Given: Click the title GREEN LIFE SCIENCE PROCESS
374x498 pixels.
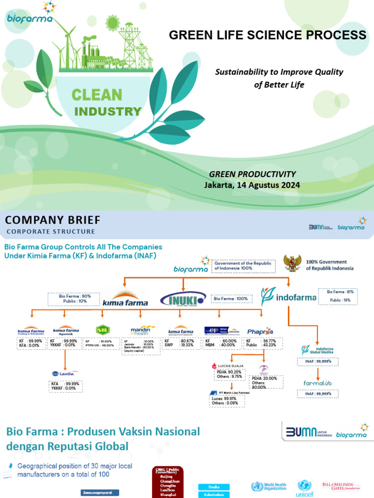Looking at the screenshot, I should click(x=267, y=35).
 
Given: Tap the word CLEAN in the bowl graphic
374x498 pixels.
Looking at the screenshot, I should click(x=97, y=94).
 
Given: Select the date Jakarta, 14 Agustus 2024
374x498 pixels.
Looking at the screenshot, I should click(x=252, y=185).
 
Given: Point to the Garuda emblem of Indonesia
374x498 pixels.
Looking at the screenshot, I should click(x=293, y=263).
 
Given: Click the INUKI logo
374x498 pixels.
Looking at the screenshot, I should click(x=183, y=297).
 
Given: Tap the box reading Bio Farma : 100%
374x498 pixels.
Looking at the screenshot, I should click(x=230, y=298).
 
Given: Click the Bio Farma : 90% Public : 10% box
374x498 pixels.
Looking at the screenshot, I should click(x=73, y=299).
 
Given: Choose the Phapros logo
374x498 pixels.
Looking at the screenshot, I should click(x=260, y=331).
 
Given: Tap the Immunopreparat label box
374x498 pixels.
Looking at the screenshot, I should click(x=100, y=493).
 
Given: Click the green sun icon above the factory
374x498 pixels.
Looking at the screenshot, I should click(x=112, y=22).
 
